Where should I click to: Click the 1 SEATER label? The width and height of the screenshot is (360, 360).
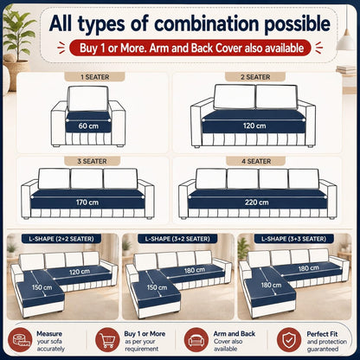coord(94,77)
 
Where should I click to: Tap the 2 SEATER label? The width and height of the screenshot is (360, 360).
coord(255,77)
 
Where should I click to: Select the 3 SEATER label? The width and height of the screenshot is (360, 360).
coord(92,161)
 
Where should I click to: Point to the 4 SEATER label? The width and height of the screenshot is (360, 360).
coord(256,161)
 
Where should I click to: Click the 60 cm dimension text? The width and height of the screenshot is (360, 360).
coord(88,126)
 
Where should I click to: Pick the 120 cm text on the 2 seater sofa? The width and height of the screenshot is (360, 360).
coord(254,125)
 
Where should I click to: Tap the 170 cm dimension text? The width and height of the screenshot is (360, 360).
coord(87,202)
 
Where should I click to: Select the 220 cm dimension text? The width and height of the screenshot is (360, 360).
coord(256,202)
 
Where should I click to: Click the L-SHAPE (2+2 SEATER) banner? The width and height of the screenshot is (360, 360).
coord(61,239)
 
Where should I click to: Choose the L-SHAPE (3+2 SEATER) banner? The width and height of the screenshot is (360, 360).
coord(177,239)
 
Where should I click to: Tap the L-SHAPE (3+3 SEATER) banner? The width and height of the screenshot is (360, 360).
coord(293,239)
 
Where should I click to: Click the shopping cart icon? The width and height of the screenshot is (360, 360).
coord(107,340)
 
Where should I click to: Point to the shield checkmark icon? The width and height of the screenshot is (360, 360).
coord(289,340)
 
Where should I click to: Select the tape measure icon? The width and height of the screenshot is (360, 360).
coord(20,340)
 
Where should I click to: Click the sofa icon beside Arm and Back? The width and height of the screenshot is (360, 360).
coord(196,340)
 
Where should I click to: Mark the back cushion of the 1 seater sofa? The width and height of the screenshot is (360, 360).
coord(87,99)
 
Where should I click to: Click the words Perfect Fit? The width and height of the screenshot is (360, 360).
coord(322,334)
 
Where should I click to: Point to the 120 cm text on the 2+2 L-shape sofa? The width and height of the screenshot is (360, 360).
coord(80,272)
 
